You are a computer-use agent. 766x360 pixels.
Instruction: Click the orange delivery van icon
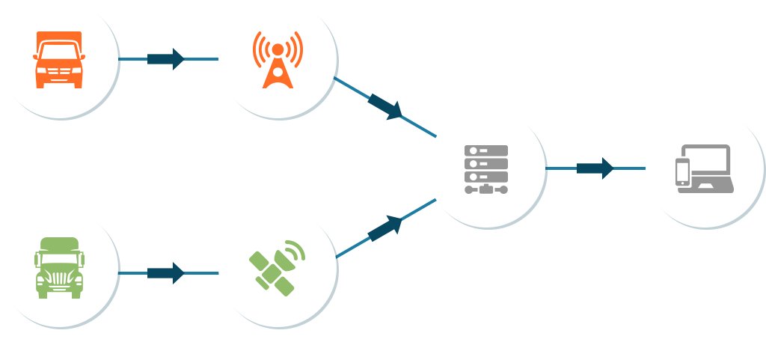pos(58,60)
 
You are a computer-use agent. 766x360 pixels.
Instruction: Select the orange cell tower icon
pos(277,60)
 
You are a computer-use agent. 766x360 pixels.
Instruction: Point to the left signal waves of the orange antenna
pos(259,49)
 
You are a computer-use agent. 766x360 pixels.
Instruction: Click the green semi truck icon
pos(58,268)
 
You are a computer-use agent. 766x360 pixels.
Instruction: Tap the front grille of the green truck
pos(58,276)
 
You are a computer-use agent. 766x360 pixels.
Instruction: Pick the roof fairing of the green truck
pos(58,244)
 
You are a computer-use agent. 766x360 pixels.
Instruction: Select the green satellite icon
pos(277,267)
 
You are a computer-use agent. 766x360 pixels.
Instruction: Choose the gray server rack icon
pos(486,169)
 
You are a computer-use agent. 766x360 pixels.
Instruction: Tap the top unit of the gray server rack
pos(486,150)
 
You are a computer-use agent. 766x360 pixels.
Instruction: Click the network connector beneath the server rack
pos(486,190)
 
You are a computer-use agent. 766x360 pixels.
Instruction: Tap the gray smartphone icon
pos(682,171)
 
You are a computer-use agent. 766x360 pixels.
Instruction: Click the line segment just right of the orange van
pos(133,59)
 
